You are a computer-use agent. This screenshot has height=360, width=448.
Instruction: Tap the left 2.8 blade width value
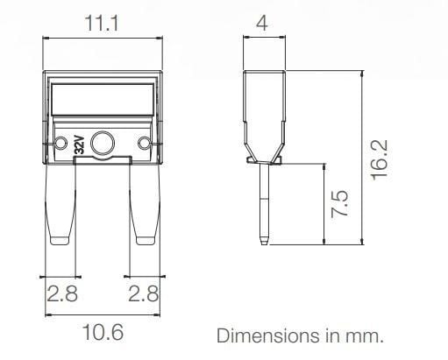tap(61, 294)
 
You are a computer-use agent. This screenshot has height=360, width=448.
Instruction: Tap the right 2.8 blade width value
tap(143, 294)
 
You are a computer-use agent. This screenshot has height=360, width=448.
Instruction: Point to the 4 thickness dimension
tap(261, 23)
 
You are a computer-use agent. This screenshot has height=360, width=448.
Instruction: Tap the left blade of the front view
tap(60, 206)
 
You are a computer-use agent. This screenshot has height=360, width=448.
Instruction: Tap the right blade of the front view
tap(146, 206)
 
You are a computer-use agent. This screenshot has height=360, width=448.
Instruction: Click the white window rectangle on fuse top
tap(103, 99)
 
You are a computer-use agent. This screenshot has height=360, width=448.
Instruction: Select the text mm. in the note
tap(367, 335)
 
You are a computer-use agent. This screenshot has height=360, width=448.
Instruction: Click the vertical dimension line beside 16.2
tap(360, 158)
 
